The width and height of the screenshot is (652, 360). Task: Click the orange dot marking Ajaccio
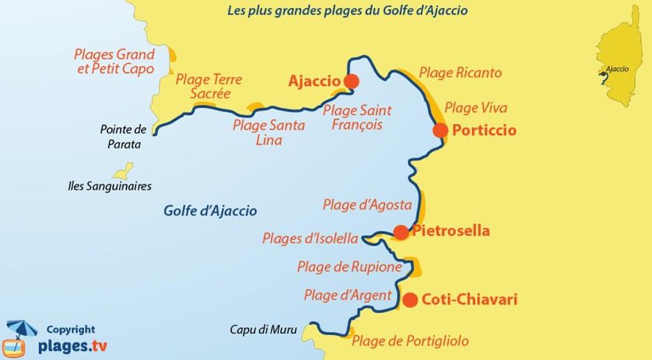pos(351,81)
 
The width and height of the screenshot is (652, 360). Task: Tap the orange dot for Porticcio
pos(441,130)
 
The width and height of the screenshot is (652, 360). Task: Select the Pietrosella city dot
pos(401,232)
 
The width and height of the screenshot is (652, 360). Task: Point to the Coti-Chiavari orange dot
pos(410,300)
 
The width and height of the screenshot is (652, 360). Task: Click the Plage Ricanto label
pos(460,73)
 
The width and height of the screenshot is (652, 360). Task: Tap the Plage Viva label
pos(476,108)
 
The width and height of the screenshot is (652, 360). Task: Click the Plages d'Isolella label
pos(310,239)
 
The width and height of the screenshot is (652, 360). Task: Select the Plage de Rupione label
pos(349,267)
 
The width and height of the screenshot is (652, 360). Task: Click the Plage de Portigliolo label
pos(410,341)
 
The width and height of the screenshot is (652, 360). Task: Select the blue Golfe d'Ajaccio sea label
pos(210,211)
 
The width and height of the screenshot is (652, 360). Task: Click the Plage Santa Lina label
pos(269,132)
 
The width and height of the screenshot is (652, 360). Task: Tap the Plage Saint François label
pos(358,118)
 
